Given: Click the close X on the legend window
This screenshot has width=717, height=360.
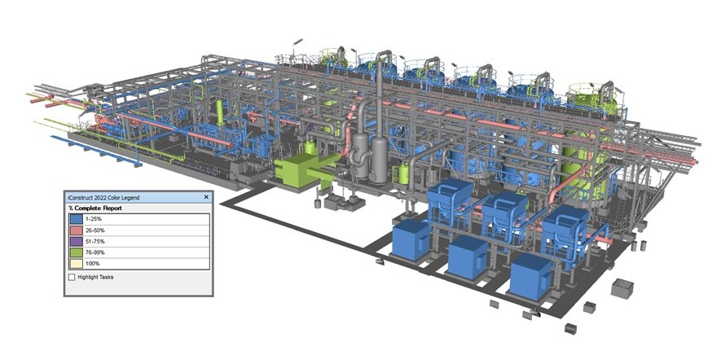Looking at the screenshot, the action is [206, 197].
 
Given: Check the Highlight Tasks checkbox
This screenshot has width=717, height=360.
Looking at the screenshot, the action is [72, 277].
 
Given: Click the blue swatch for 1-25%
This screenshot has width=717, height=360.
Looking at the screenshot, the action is [76, 219].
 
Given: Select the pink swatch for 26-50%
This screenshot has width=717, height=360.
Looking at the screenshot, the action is [76, 230].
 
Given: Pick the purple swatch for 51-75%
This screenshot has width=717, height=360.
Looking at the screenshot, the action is [76, 241].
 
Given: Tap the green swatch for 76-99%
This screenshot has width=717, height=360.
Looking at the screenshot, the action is [76, 252].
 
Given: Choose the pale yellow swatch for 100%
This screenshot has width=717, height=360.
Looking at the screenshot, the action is [76, 263].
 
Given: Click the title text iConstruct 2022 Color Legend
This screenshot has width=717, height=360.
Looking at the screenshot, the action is [103, 197].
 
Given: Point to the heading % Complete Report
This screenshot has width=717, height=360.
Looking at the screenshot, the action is [95, 208].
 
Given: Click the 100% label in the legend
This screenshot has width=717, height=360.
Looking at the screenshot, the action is [92, 264].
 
